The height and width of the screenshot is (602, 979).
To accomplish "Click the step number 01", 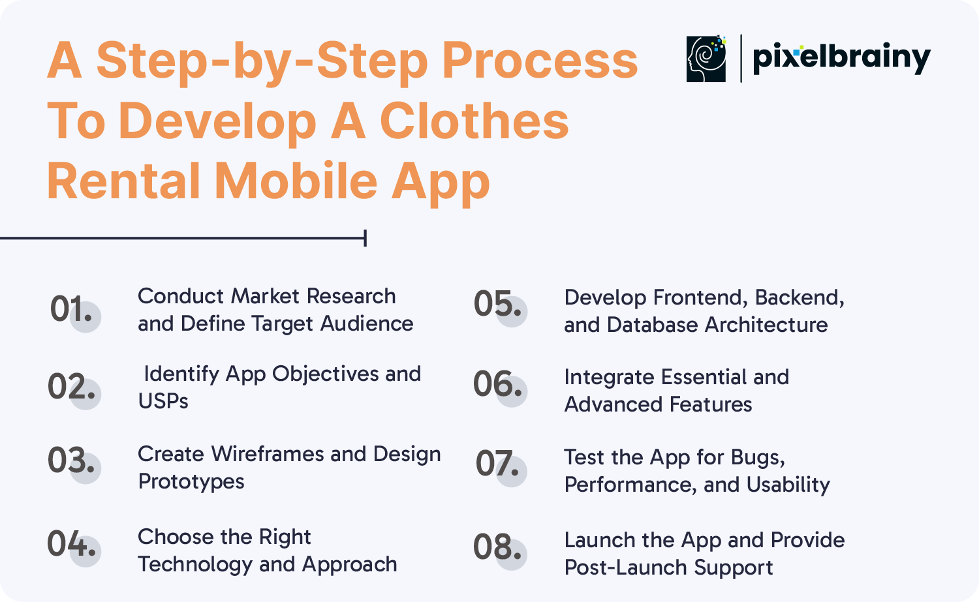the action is click(71, 309).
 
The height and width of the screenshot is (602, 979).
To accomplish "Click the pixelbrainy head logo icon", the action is click(706, 59).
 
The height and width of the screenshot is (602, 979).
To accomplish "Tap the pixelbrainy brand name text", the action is click(842, 59).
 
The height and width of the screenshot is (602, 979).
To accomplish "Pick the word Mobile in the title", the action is click(296, 181).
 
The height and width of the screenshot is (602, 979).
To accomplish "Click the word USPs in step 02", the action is click(163, 400).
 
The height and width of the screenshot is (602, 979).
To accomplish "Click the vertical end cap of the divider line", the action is click(365, 238).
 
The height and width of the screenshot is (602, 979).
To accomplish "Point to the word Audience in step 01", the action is click(367, 324).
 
